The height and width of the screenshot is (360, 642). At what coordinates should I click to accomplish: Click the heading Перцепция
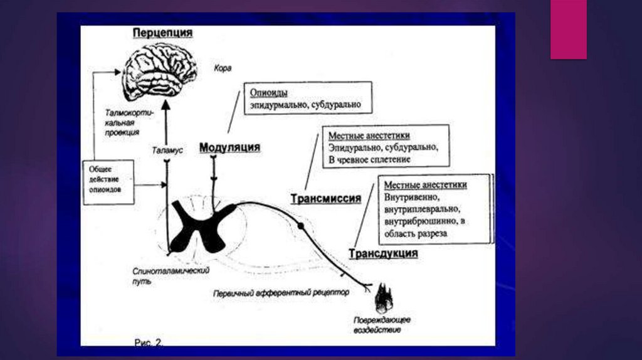[162, 33]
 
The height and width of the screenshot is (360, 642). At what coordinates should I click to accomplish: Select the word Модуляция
[229, 147]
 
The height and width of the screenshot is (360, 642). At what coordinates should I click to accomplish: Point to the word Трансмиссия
[325, 199]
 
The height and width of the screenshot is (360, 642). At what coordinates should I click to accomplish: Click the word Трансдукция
[383, 253]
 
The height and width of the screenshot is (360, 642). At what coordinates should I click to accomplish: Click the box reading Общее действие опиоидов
[108, 181]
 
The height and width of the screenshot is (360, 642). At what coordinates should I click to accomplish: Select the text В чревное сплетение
[369, 160]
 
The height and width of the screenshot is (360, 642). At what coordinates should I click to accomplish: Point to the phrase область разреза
[415, 233]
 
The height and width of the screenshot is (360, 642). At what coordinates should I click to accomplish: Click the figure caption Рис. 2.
[149, 342]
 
